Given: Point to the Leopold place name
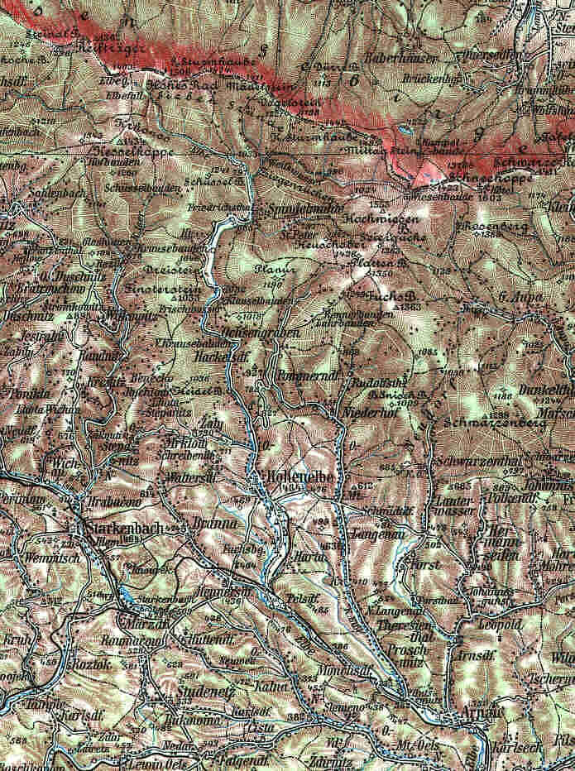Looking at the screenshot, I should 498,625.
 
